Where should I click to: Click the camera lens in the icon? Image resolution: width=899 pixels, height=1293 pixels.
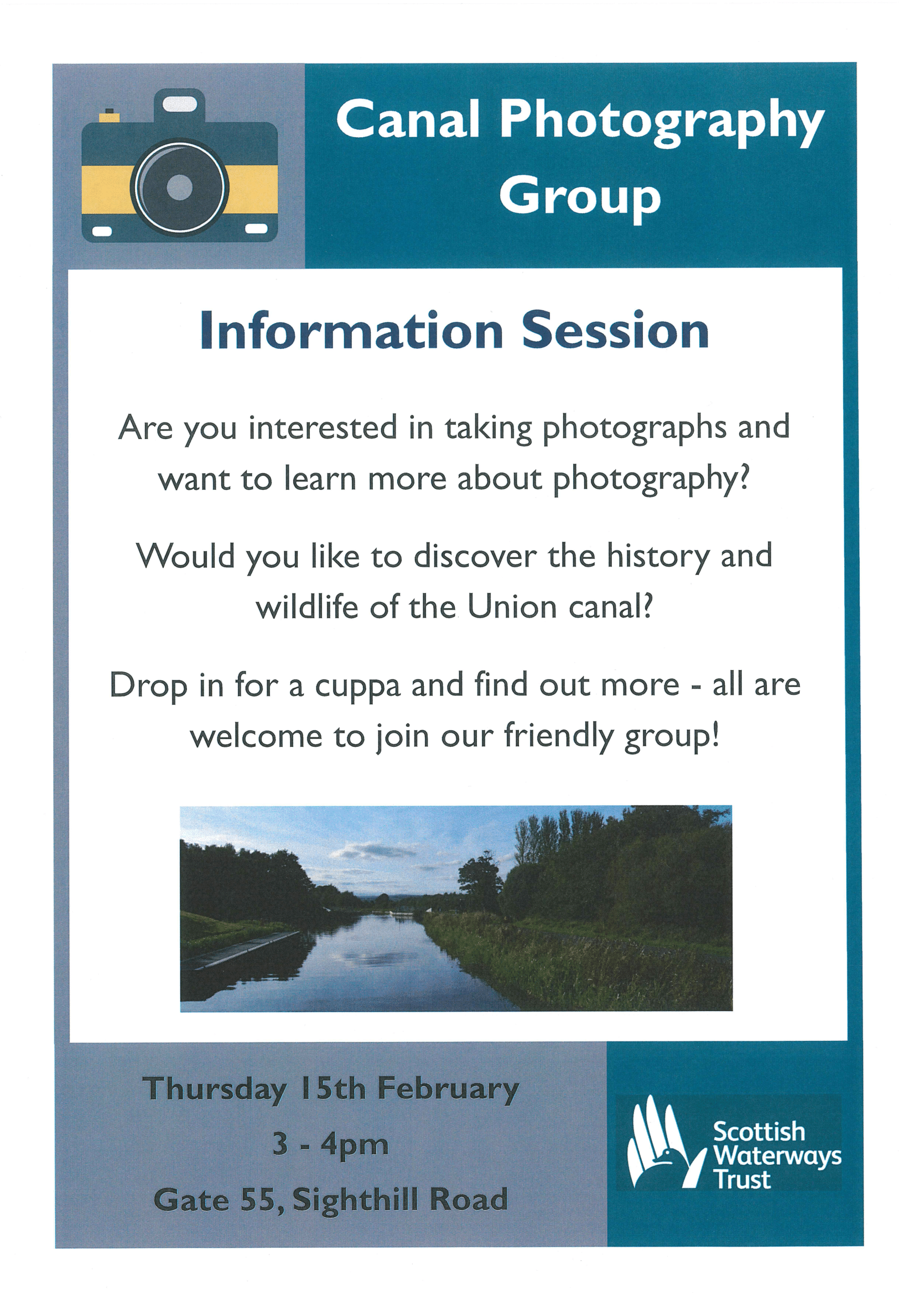(180, 187)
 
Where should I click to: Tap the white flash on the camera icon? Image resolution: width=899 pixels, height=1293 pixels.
(180, 103)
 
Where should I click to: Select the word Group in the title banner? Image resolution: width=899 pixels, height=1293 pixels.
(580, 197)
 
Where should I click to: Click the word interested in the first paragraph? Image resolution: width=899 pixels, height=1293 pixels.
(323, 427)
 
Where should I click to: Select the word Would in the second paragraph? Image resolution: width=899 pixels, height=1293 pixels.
(186, 556)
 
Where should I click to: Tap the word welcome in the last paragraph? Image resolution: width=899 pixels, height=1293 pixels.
(256, 736)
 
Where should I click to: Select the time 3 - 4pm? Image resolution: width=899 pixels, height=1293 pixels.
(331, 1146)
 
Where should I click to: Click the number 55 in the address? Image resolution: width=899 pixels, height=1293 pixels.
(257, 1200)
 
